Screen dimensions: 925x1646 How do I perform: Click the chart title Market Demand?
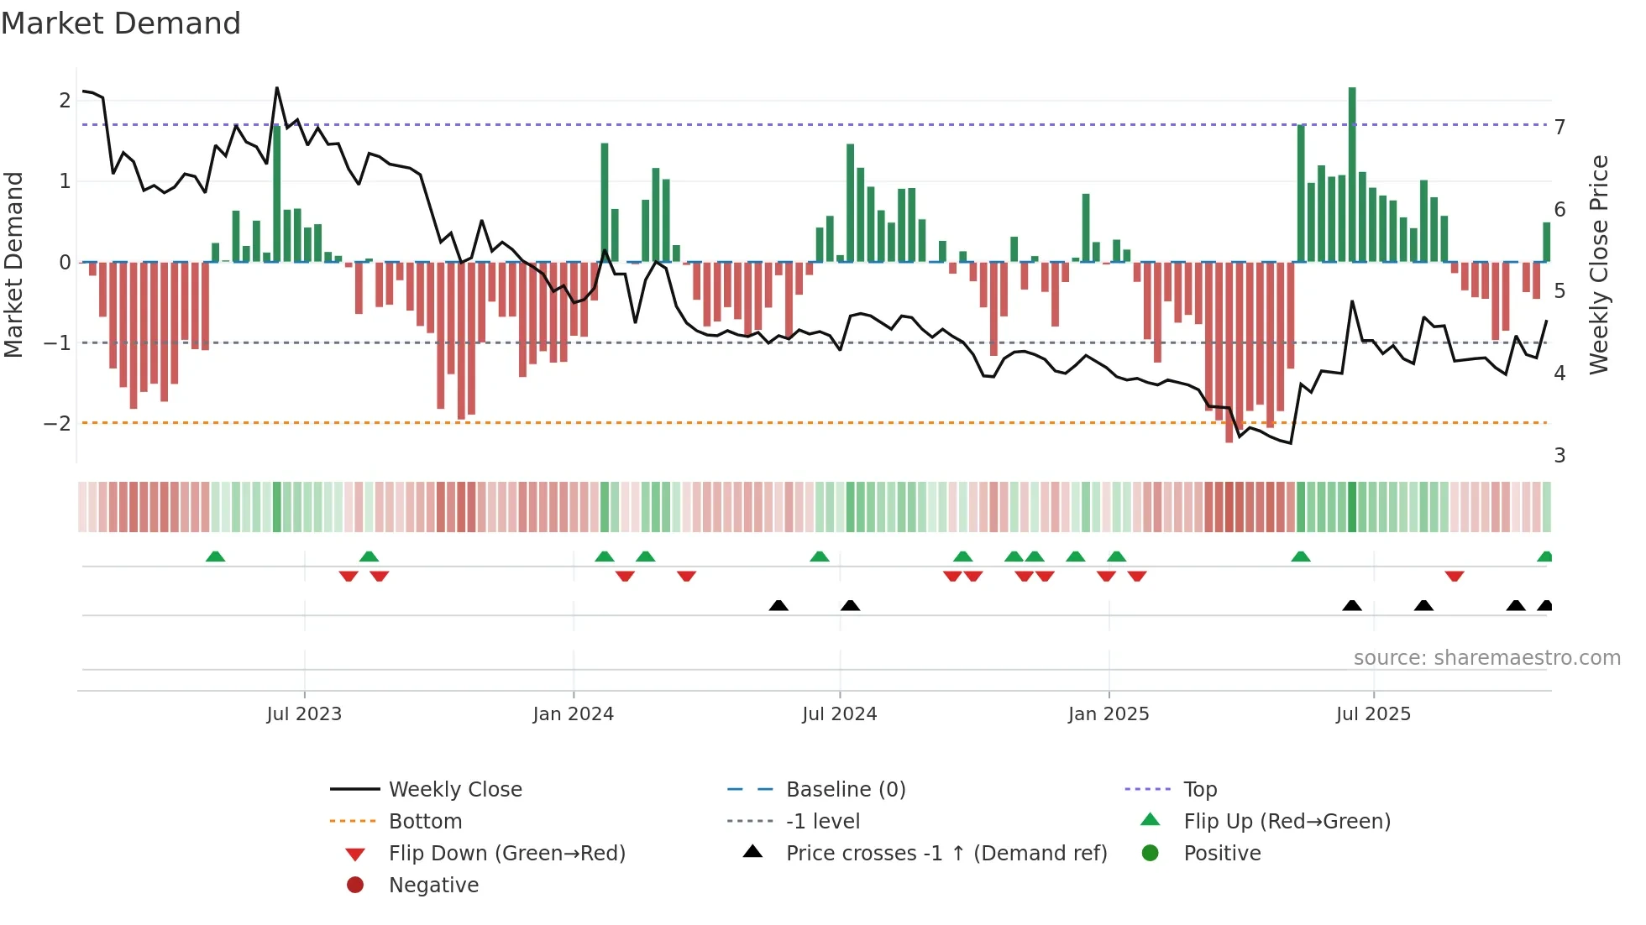121,24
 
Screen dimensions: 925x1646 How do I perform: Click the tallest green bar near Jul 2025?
1352,175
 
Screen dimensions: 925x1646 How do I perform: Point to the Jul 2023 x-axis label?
304,714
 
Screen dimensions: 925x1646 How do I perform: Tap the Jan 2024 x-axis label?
574,714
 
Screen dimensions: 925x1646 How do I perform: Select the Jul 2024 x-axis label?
839,714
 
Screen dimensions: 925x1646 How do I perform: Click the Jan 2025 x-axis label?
1109,714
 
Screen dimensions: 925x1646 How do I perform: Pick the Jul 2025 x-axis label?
1373,714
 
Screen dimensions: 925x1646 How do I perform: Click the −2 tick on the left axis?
57,423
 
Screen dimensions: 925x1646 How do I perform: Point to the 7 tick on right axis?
1560,127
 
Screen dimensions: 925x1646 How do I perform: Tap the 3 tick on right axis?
1560,456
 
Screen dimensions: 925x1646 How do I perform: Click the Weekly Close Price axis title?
1600,264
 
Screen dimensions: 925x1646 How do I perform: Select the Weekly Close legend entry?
454,790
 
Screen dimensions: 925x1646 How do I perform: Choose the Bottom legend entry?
425,822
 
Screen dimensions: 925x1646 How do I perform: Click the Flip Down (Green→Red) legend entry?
506,854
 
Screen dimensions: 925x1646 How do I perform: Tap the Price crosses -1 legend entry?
946,854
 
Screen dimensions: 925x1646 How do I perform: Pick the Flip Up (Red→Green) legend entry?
1287,822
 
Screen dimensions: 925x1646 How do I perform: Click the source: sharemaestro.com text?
1486,658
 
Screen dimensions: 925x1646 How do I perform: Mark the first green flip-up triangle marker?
216,557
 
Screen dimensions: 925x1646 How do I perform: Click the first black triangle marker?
778,605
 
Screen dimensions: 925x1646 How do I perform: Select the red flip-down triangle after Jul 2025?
1455,576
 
